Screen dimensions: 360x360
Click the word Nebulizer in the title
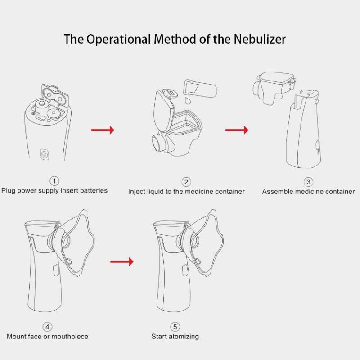260,39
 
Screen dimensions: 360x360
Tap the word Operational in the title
118,40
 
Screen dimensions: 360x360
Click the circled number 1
54,181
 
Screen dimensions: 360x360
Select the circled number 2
186,182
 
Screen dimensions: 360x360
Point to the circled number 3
308,182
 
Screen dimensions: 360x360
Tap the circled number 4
47,327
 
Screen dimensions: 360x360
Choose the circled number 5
175,327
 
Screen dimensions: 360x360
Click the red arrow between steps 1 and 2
103,130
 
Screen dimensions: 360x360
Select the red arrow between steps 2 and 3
237,130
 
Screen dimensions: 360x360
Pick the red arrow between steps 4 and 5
122,261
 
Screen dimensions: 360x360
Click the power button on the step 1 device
44,154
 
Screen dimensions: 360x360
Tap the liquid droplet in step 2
188,101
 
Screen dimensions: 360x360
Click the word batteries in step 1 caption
94,190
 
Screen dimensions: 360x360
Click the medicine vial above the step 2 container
200,88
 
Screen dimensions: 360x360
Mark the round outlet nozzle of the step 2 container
158,142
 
